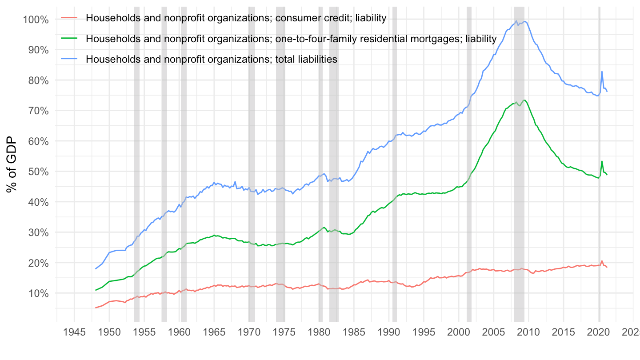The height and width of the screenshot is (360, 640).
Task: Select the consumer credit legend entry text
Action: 236,18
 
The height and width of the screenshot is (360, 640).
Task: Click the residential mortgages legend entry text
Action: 291,39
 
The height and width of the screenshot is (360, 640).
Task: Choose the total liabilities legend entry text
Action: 212,59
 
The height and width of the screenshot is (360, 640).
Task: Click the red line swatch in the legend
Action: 69,18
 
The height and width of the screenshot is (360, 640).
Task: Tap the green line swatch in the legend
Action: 69,39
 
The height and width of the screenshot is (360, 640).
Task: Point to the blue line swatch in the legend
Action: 69,59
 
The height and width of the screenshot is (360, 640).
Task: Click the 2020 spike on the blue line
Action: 602,72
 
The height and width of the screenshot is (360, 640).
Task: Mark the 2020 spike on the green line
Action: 602,161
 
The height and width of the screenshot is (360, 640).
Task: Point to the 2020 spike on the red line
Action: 602,261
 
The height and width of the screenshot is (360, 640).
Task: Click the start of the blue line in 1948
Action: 96,268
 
